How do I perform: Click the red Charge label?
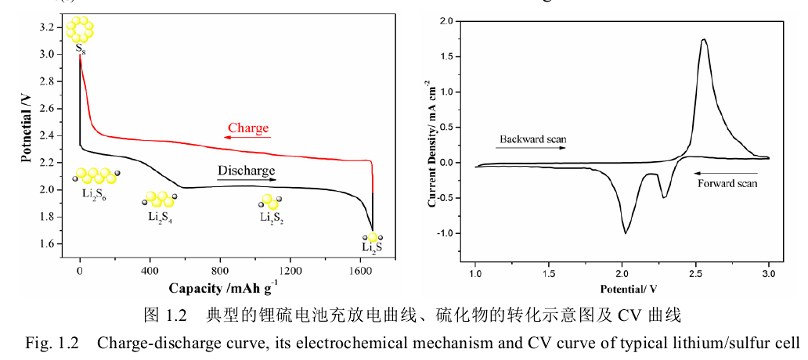(248, 128)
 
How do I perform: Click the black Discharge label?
(247, 170)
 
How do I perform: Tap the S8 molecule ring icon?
(80, 30)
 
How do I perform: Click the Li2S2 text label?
(272, 217)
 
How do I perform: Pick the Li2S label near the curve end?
(373, 248)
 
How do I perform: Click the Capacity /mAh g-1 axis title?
(222, 287)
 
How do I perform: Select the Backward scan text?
(531, 138)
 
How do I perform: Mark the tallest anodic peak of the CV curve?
(704, 40)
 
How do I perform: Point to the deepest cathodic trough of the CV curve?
(626, 232)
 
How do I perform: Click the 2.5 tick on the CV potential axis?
(695, 275)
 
